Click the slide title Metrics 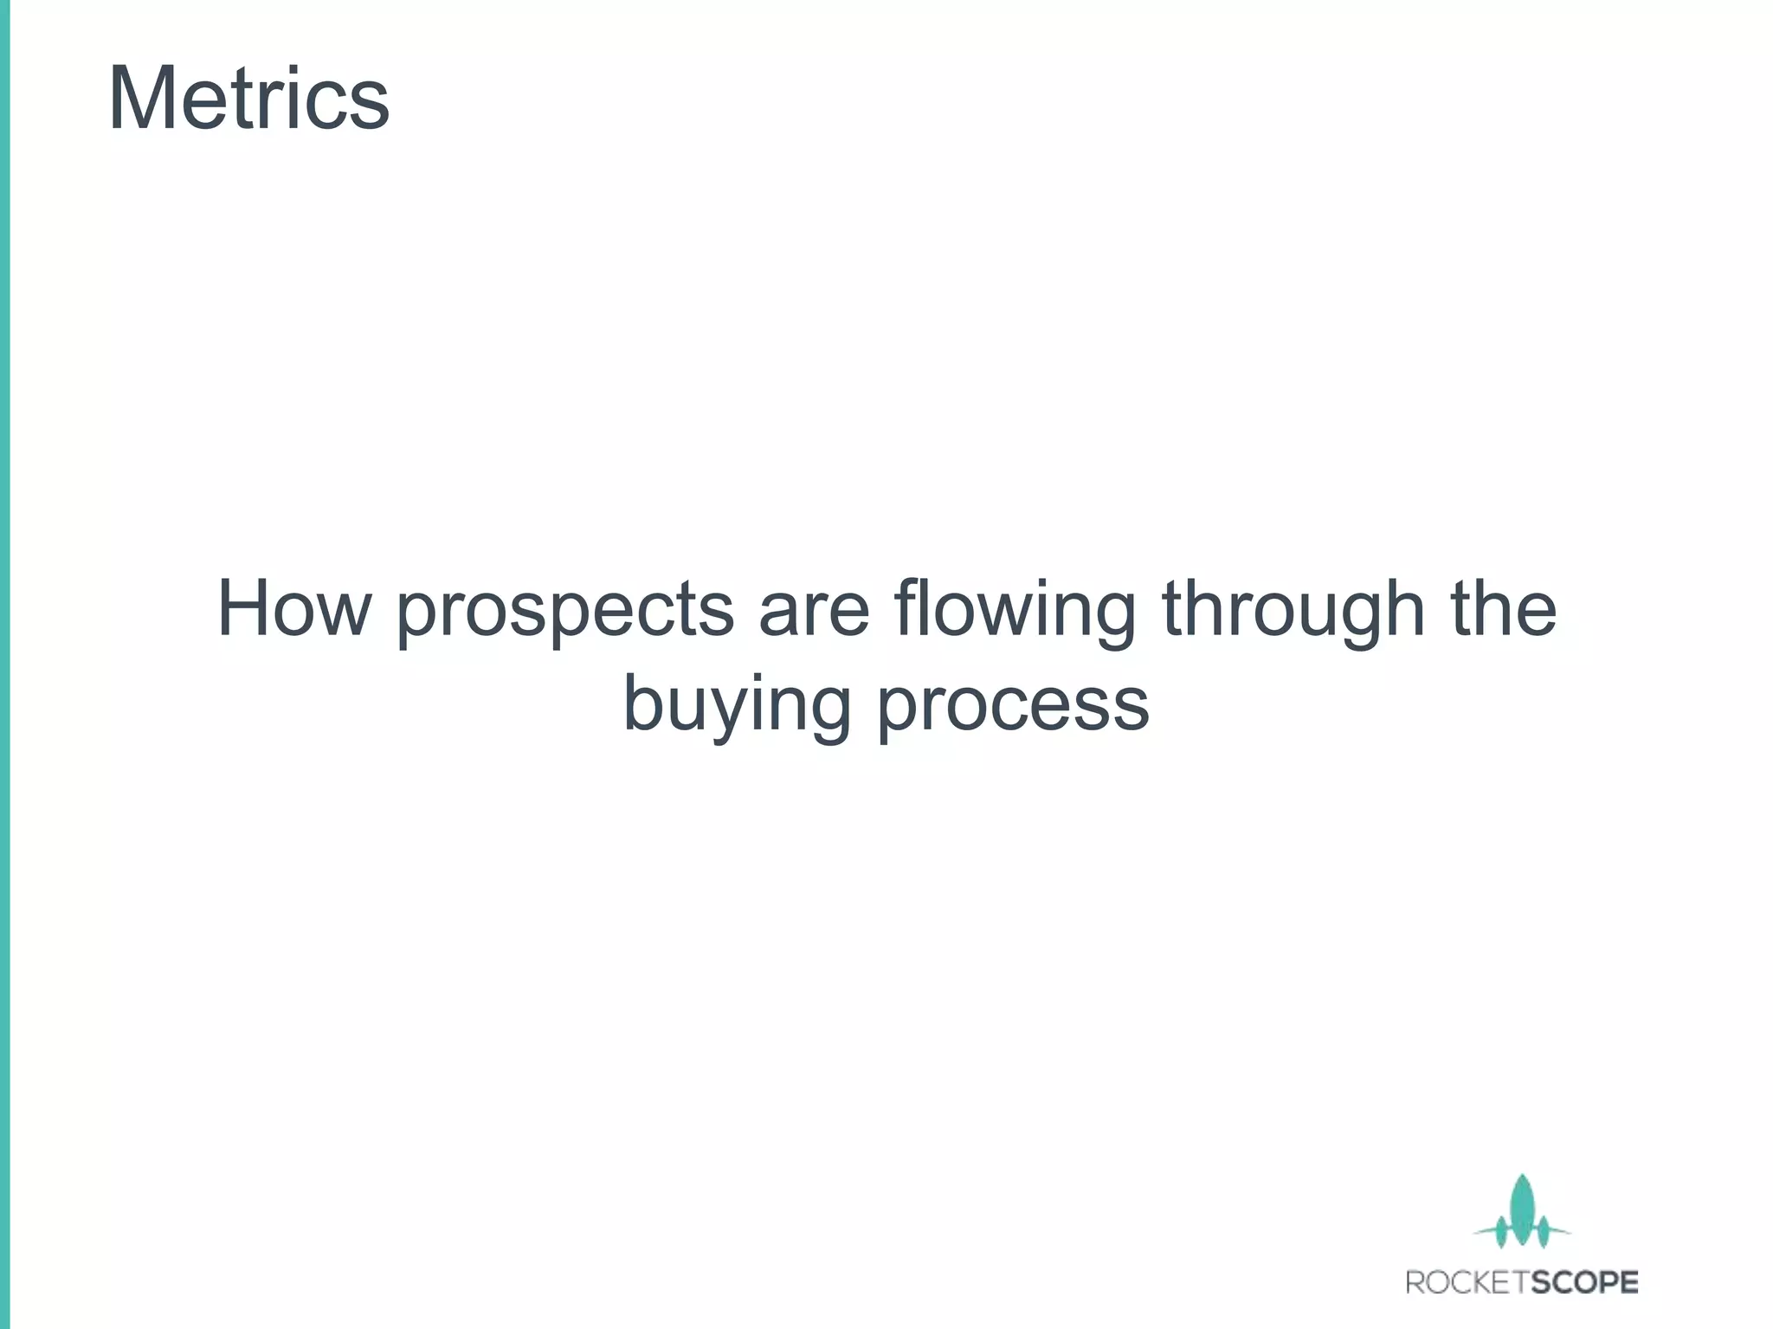coord(248,100)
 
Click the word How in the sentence coord(293,608)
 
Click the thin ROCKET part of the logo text coord(1463,1281)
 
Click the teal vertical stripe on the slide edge coord(4,664)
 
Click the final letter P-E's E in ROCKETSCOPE coord(1628,1281)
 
